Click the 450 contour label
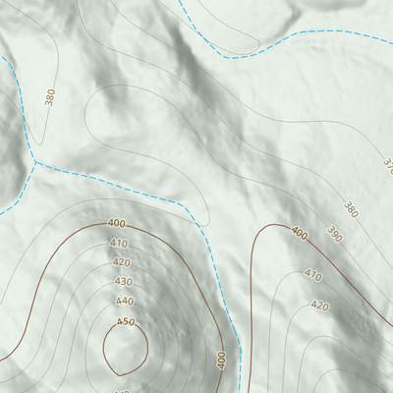click(x=125, y=321)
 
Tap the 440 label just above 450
click(x=124, y=301)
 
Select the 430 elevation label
click(x=122, y=281)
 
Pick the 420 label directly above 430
click(x=121, y=262)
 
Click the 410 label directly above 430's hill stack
click(x=119, y=243)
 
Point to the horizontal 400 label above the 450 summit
click(x=116, y=225)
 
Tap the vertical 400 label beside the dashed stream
click(x=222, y=359)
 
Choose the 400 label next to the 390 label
click(x=299, y=235)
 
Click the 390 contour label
click(x=334, y=235)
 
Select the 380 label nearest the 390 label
click(x=351, y=208)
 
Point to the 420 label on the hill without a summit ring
click(x=320, y=306)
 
